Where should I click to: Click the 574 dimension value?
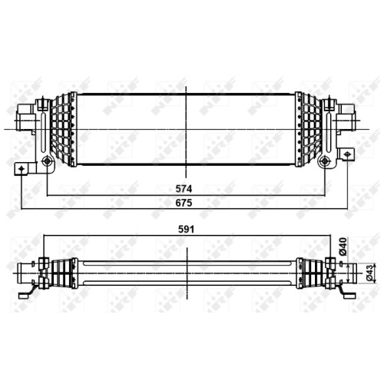coord(184,189)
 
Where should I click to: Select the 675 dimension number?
coord(184,203)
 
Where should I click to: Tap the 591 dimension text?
coord(186,230)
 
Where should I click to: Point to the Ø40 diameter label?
coord(343,247)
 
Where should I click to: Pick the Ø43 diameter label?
coord(369,274)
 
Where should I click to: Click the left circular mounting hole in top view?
coord(47,161)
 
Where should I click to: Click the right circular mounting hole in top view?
coord(325,161)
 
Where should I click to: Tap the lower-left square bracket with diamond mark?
coord(21,169)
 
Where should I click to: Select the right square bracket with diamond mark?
coord(347,154)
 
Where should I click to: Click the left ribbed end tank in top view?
coord(64,130)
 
